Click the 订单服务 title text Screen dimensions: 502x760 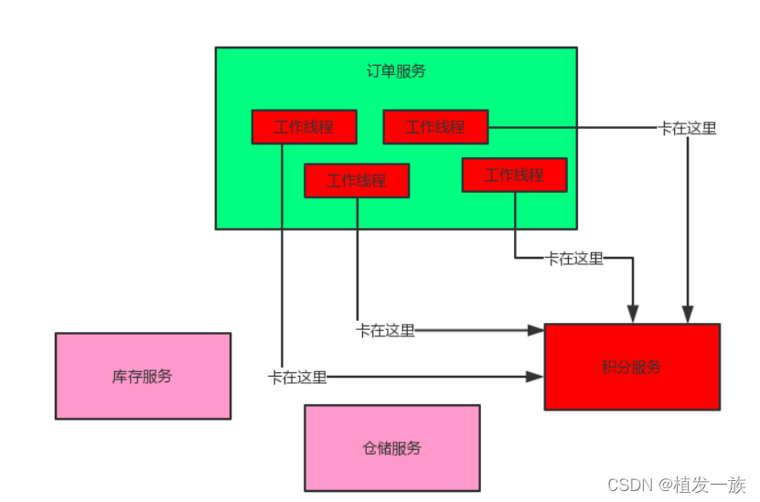[395, 71]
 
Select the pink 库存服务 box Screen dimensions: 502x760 [143, 376]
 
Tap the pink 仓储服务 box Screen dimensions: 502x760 [391, 448]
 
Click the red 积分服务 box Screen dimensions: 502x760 [631, 367]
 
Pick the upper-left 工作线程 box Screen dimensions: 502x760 [304, 127]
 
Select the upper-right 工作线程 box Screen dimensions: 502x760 [435, 127]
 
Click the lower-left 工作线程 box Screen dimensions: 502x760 [357, 180]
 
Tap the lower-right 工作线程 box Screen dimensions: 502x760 [514, 175]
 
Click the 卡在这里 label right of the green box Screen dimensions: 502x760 [688, 129]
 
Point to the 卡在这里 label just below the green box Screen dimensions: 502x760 [574, 259]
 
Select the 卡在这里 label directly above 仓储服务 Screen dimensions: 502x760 [385, 330]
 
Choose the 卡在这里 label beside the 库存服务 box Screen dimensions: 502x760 [297, 377]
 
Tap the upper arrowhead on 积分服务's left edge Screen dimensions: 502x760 [537, 330]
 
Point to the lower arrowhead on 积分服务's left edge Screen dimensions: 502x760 [537, 376]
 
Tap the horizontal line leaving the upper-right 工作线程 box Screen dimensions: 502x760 [567, 128]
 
